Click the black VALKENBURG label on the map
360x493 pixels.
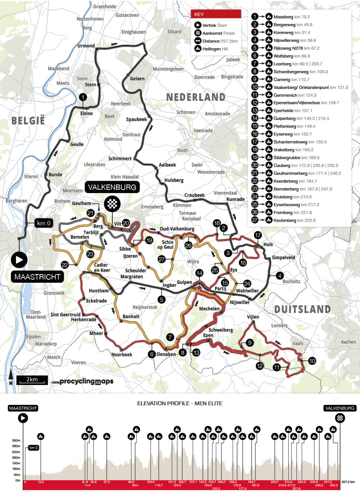click(x=112, y=187)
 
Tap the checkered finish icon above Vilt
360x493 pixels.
click(x=112, y=204)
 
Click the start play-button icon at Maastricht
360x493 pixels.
click(x=19, y=260)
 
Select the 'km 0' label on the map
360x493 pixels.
click(x=44, y=223)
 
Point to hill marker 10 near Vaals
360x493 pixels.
click(x=312, y=361)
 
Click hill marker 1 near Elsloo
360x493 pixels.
click(x=83, y=97)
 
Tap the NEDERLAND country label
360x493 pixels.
click(x=196, y=97)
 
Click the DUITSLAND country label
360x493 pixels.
click(x=302, y=309)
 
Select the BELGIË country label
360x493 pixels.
click(x=28, y=121)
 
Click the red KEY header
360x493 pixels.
click(x=216, y=14)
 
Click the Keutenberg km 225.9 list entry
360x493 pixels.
click(x=294, y=220)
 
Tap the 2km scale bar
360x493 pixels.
click(x=32, y=380)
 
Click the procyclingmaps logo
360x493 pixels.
click(x=86, y=381)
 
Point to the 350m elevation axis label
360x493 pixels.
click(x=16, y=440)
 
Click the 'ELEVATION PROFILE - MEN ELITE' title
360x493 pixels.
click(x=180, y=403)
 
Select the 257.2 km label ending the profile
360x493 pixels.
click(x=348, y=482)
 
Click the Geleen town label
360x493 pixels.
click(x=137, y=78)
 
